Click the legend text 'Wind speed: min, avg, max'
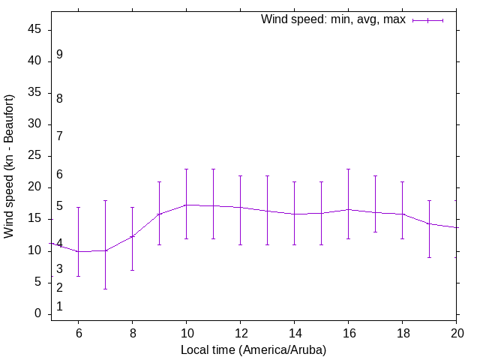(x=333, y=19)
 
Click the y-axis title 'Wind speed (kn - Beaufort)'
(x=9, y=166)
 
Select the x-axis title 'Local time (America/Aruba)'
(x=253, y=349)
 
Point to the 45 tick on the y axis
(x=35, y=30)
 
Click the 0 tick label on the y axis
(x=38, y=313)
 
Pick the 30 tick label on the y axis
(x=35, y=124)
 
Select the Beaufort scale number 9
(x=59, y=55)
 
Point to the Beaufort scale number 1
(x=59, y=307)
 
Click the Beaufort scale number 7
(x=59, y=136)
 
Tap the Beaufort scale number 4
(x=59, y=243)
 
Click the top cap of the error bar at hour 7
(x=105, y=200)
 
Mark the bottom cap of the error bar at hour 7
(x=105, y=289)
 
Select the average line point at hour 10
(x=186, y=205)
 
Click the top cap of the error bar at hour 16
(x=348, y=169)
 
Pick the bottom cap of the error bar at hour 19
(x=429, y=257)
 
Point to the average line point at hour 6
(x=78, y=251)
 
